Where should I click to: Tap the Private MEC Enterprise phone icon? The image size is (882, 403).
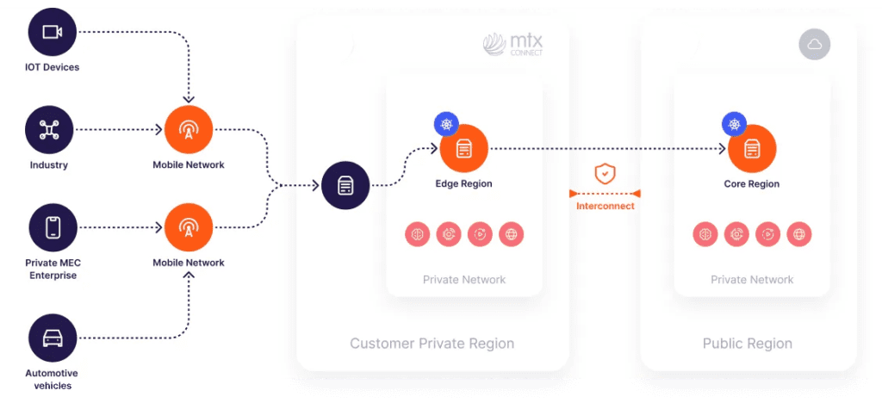point(53,227)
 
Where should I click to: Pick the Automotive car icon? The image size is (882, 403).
point(53,337)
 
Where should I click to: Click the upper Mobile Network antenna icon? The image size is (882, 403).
point(188,130)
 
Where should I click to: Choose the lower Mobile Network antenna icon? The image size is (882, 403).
point(188,227)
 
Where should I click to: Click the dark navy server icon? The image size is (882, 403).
point(345,185)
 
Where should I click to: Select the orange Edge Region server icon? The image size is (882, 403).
point(464,148)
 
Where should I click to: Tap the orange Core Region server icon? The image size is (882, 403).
point(752,148)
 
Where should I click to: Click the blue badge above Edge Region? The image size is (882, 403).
point(446,124)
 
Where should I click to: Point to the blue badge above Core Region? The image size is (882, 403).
point(734,124)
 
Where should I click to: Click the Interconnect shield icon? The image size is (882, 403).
point(606,173)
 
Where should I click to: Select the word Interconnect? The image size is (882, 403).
point(606,206)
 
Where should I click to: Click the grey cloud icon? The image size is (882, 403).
point(814,44)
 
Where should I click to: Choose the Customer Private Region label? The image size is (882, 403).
point(432,344)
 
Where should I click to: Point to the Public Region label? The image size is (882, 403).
point(747,344)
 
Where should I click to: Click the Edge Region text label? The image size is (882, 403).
point(463,183)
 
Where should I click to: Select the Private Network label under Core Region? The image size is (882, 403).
point(752,280)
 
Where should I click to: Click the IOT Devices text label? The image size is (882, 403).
point(52,67)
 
